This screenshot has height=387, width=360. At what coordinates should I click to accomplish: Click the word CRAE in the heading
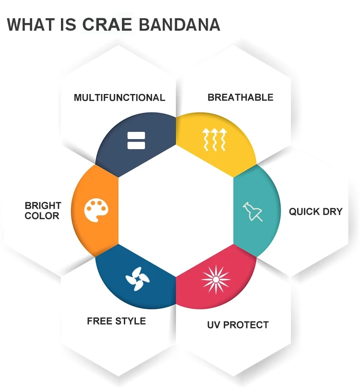click(x=107, y=24)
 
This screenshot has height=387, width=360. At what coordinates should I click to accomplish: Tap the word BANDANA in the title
click(x=180, y=24)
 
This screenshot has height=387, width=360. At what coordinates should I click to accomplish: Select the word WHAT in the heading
click(x=31, y=24)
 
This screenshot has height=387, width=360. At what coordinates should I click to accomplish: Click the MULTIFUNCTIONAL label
click(x=120, y=97)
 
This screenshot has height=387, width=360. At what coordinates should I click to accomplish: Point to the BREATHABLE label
click(x=240, y=97)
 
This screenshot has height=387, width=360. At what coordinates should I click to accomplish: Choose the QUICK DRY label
click(x=316, y=211)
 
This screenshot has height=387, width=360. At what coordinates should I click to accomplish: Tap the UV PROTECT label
click(x=238, y=325)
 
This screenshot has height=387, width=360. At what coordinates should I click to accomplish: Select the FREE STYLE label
click(x=116, y=321)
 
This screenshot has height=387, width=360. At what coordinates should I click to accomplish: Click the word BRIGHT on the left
click(x=43, y=205)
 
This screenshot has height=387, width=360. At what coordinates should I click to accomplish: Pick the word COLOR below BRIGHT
click(x=42, y=216)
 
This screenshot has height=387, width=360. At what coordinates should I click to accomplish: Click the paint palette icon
click(x=96, y=210)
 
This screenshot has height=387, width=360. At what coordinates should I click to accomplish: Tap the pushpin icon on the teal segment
click(x=252, y=211)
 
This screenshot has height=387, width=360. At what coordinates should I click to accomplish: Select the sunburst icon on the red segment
click(x=216, y=280)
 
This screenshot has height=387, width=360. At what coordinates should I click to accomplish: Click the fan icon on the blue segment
click(x=137, y=279)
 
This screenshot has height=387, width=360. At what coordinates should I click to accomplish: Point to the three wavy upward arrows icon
click(x=214, y=140)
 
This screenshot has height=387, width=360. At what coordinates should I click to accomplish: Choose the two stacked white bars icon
click(x=136, y=141)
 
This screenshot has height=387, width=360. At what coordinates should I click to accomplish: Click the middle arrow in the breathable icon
click(x=214, y=140)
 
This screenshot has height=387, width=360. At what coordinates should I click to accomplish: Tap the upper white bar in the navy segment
click(x=136, y=136)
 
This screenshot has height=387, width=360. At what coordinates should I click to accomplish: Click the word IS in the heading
click(x=68, y=24)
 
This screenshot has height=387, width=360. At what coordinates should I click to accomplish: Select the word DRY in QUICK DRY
click(x=332, y=211)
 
